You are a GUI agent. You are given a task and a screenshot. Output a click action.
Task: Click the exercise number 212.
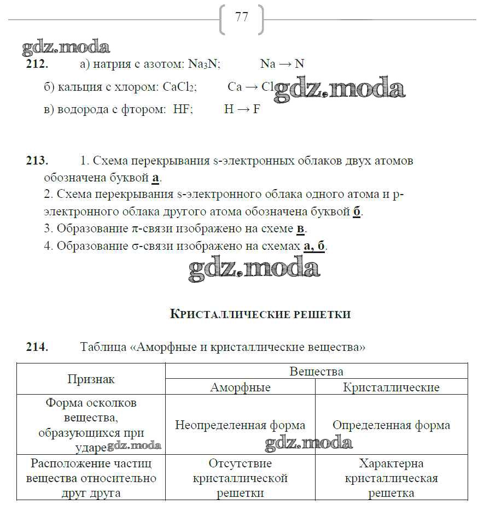pos(37,64)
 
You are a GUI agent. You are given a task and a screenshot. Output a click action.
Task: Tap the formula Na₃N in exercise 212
pos(203,64)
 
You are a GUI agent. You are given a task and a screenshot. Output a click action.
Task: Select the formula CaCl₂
pos(179,87)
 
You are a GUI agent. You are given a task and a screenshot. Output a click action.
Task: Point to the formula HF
pos(183,109)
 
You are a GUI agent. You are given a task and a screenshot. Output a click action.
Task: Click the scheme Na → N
pos(282,64)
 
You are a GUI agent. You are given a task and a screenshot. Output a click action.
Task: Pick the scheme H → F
pos(242,109)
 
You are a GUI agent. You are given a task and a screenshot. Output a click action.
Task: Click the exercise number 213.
pos(37,161)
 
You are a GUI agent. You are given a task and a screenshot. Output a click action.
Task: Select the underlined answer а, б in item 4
pos(314,246)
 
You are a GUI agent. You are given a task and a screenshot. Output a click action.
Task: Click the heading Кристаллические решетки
pos(260,314)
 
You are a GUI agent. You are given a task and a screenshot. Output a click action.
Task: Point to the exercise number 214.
pos(37,347)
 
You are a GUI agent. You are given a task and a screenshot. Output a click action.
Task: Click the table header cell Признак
pos(91,379)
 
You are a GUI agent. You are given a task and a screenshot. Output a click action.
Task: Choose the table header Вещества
pos(317,372)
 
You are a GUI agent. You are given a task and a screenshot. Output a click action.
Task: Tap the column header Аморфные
pos(240,388)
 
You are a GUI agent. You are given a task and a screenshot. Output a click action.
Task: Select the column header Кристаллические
pos(391,388)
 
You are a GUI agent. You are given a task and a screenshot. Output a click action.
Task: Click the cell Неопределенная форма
pos(240,425)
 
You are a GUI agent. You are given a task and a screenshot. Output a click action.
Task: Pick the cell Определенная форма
pos(391,425)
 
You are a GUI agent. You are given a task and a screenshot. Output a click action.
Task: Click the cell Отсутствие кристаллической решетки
pos(240,478)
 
